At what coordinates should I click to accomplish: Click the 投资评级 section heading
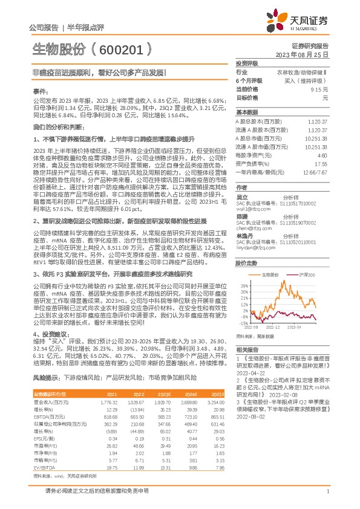coord(247,63)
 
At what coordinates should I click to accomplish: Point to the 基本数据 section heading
coord(247,113)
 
